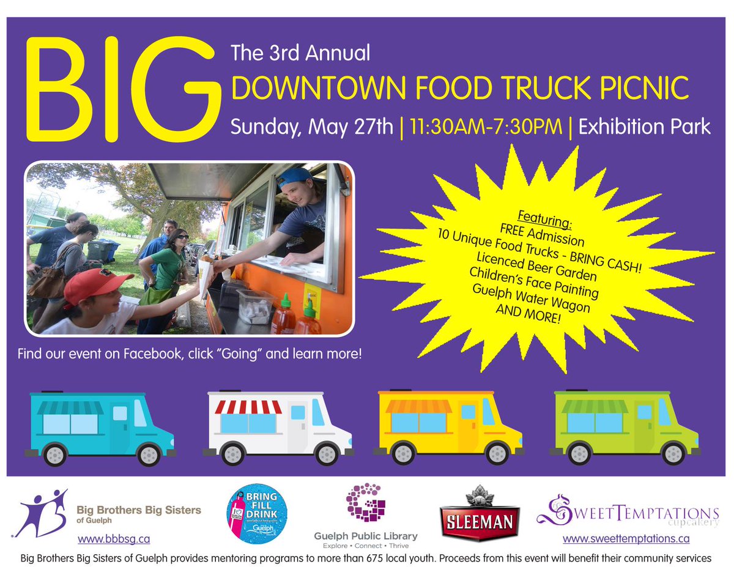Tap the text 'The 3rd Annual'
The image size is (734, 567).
tap(301, 53)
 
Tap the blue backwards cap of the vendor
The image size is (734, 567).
tap(295, 177)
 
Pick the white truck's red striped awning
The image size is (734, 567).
tap(248, 406)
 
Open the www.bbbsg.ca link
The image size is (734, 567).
tap(114, 539)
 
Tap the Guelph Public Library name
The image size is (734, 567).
tap(366, 536)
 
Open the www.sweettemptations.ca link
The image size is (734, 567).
tap(626, 539)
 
